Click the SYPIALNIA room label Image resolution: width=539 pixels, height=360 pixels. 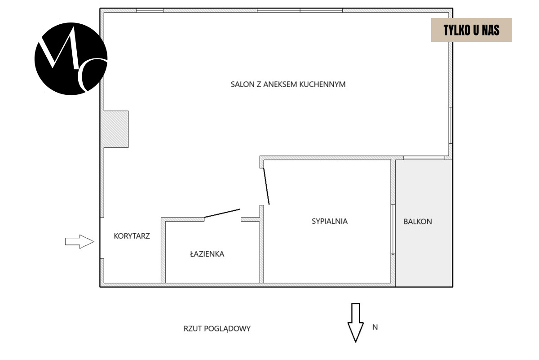[329, 221]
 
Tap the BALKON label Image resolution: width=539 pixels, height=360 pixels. [418, 222]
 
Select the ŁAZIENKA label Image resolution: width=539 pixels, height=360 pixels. [207, 254]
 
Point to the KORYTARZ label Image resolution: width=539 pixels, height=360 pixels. [132, 236]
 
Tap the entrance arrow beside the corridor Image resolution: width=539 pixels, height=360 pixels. [80, 241]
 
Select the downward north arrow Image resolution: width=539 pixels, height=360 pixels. [355, 322]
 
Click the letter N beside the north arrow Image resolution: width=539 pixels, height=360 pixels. [375, 327]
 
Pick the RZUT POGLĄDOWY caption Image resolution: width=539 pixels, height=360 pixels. [217, 329]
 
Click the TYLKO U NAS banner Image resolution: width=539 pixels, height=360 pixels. [471, 30]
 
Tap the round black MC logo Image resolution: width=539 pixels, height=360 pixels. [71, 59]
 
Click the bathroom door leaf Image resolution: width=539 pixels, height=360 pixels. [222, 213]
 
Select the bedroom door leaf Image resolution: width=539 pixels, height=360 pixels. [266, 186]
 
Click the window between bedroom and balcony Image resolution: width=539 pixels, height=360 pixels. [393, 230]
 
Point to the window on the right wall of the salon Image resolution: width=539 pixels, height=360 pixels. [451, 125]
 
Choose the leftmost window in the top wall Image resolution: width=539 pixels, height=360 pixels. [150, 10]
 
